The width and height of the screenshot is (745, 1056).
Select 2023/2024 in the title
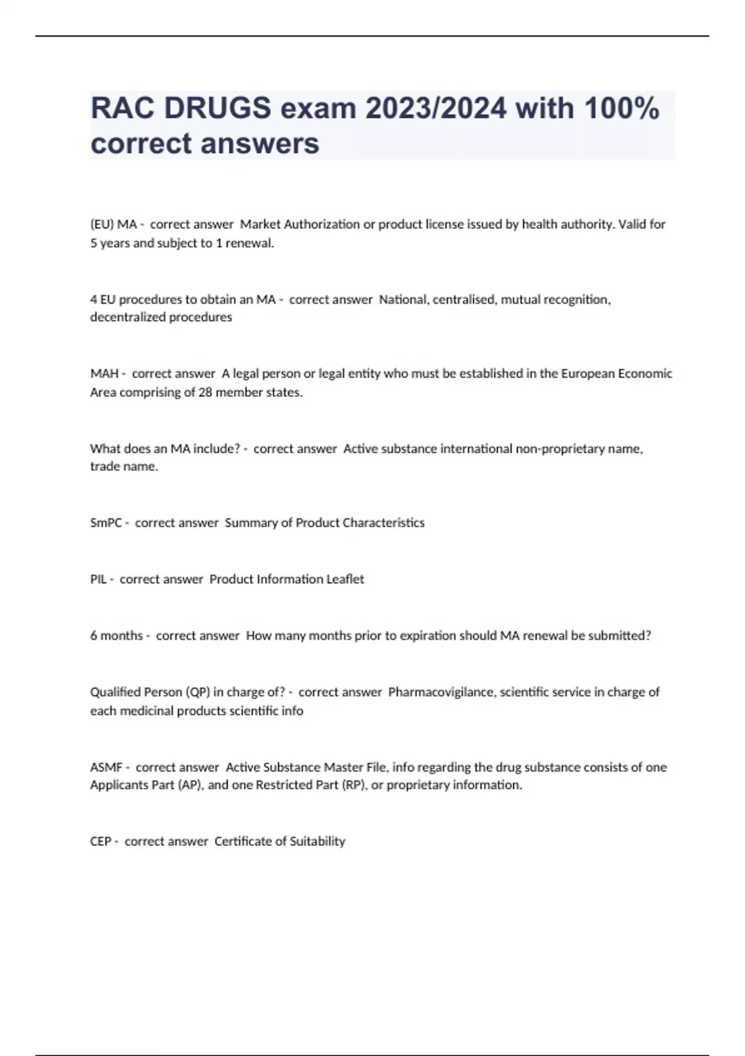(436, 108)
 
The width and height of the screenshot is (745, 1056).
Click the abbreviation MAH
(104, 373)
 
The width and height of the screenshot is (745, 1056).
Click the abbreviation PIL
(98, 579)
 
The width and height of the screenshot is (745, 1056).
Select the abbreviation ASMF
(106, 767)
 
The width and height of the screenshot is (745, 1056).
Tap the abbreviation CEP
(101, 841)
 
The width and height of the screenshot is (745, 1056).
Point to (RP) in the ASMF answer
(353, 785)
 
